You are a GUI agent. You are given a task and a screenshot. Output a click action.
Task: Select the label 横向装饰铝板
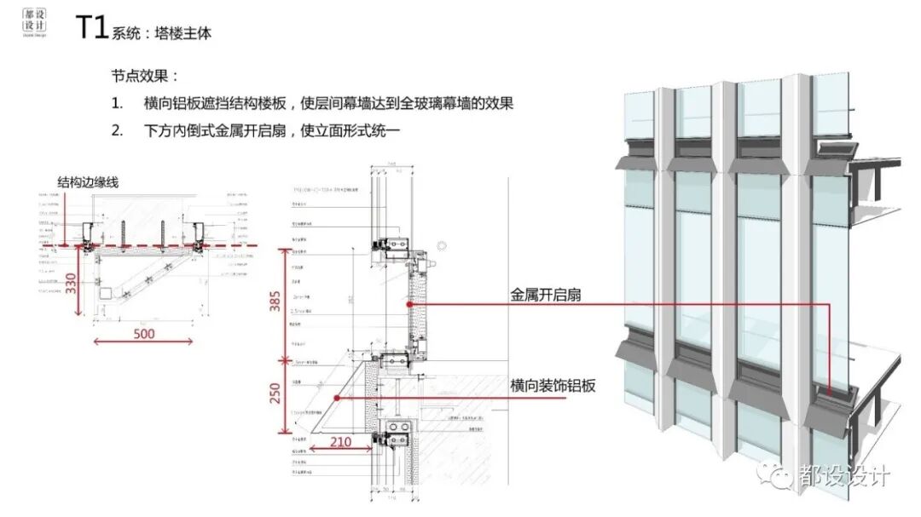point(553,385)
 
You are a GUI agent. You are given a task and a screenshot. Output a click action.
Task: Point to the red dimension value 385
point(275,295)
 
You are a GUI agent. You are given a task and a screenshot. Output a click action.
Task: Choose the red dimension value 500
point(144,333)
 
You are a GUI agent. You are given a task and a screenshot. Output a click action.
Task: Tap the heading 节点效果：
point(146,75)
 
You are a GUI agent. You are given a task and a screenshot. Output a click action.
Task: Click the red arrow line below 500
point(144,342)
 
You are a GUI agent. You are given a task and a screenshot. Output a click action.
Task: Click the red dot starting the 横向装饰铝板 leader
point(338,397)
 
